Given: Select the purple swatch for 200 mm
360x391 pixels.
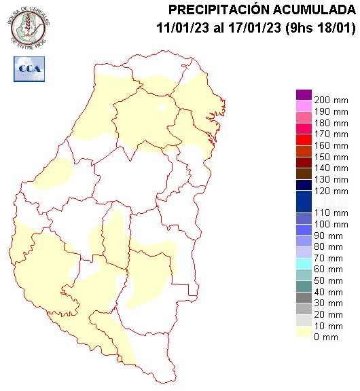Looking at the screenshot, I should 304,95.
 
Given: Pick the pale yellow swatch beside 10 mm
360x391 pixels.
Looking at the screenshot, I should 304,331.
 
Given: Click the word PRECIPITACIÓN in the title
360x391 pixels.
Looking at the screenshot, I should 217,10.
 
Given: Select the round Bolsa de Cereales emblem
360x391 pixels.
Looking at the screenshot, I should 28,26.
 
